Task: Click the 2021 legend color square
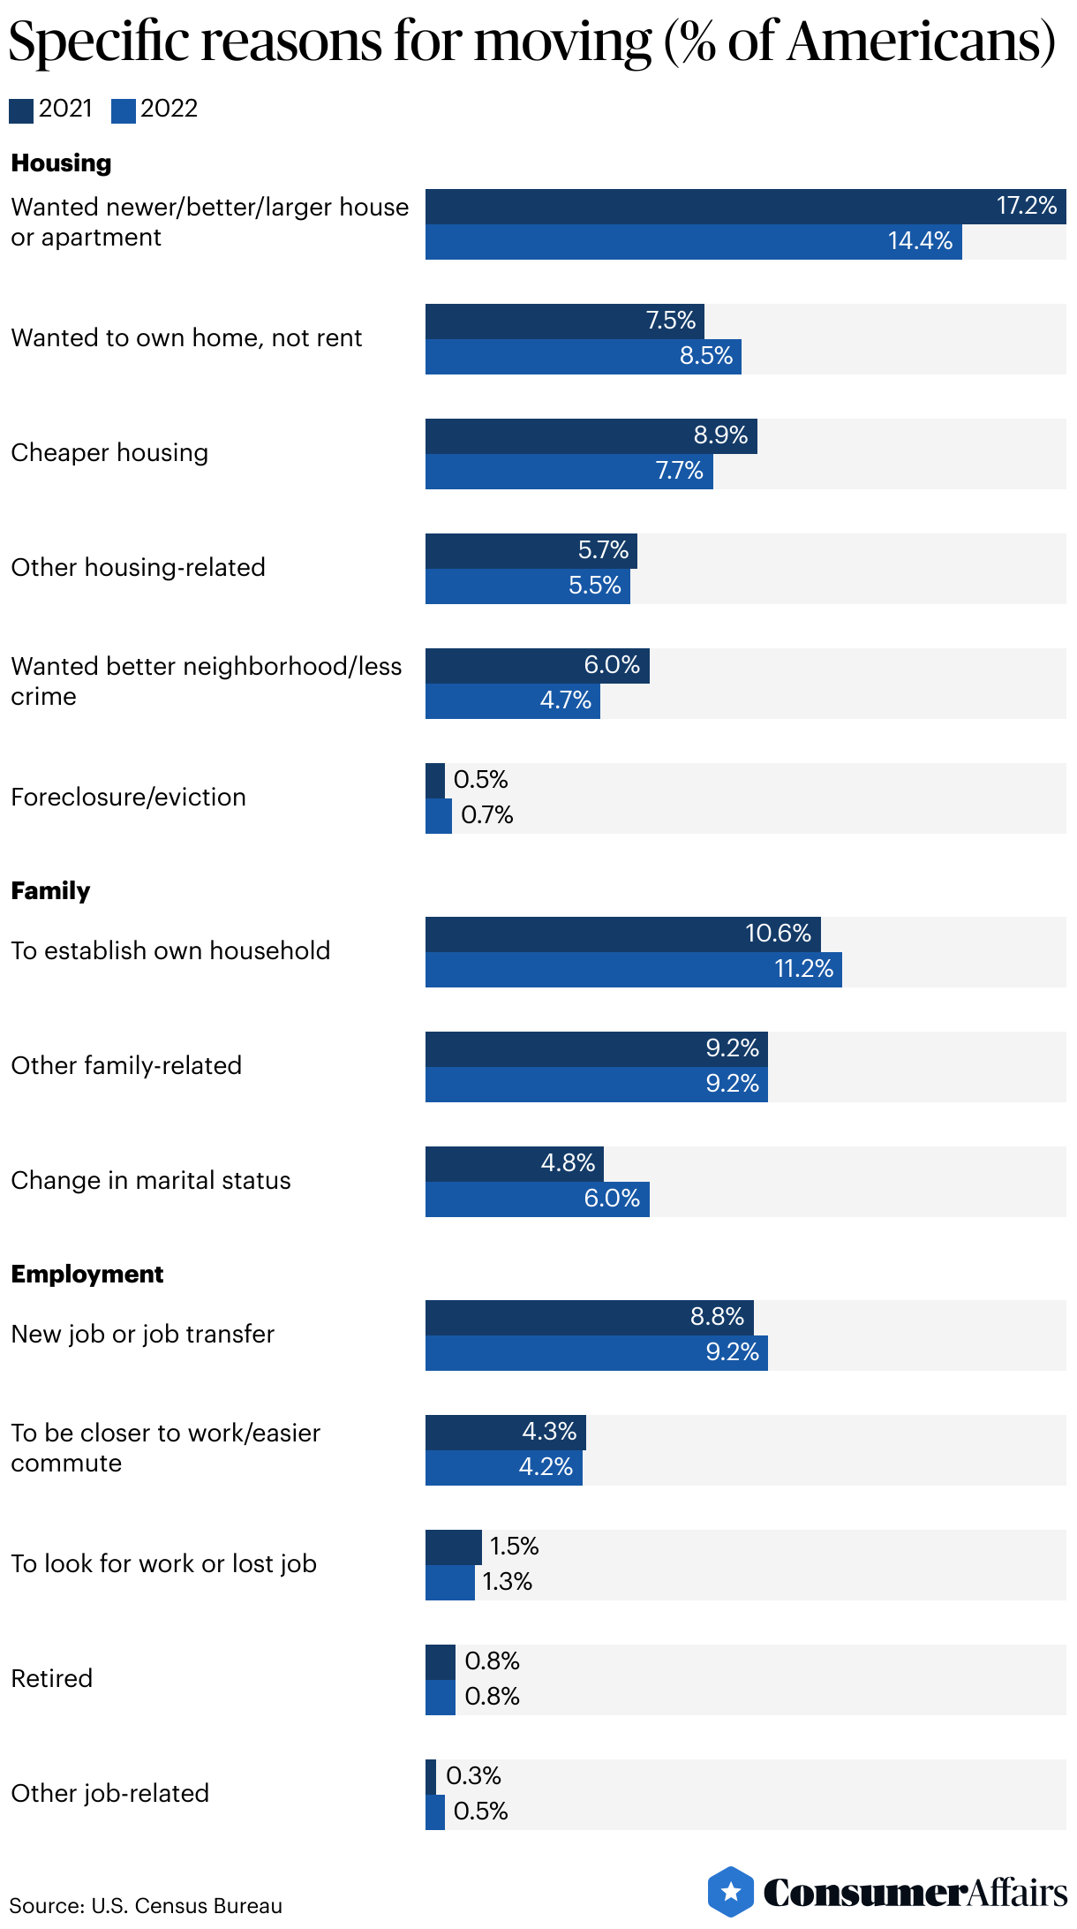(21, 110)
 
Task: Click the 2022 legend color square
(124, 110)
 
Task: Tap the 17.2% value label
(1026, 206)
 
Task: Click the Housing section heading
(61, 163)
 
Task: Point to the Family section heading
(50, 890)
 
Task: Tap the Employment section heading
(87, 1274)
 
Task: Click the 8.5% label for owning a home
(706, 356)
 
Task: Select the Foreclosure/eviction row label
(128, 797)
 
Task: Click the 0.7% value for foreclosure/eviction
(486, 814)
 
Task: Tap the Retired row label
(51, 1678)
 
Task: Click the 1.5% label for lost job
(514, 1546)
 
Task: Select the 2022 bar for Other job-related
(435, 1812)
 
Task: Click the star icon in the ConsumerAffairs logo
(731, 1892)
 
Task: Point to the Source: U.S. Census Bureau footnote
(146, 1906)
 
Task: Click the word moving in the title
(562, 42)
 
